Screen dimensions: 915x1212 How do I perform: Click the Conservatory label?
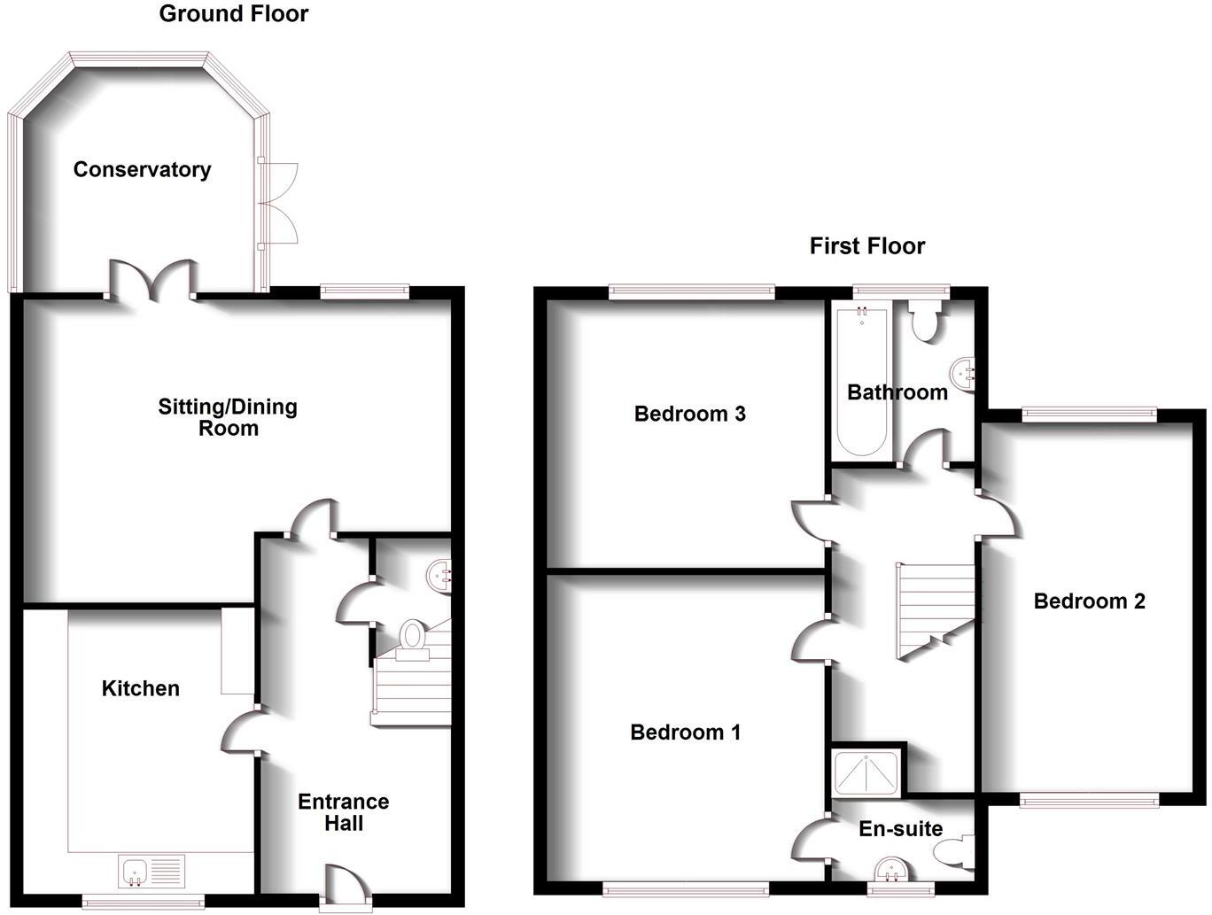click(x=142, y=169)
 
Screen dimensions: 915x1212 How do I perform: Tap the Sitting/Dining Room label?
click(x=228, y=417)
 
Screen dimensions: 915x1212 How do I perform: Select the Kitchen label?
click(x=140, y=688)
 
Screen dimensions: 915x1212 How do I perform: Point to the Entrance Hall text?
click(x=343, y=812)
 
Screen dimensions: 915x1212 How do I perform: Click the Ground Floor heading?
click(x=234, y=14)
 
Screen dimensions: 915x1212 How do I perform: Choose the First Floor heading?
click(x=866, y=246)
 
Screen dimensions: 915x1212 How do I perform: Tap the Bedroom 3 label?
click(x=689, y=414)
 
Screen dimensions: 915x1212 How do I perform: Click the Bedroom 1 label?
click(x=685, y=733)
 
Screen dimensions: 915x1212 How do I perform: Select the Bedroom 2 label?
click(x=1089, y=601)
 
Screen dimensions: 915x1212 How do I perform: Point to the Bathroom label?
click(x=897, y=392)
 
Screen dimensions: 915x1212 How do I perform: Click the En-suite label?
click(x=900, y=829)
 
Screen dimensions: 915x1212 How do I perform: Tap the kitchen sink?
click(x=151, y=871)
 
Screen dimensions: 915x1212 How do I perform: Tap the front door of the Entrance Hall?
click(x=345, y=887)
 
